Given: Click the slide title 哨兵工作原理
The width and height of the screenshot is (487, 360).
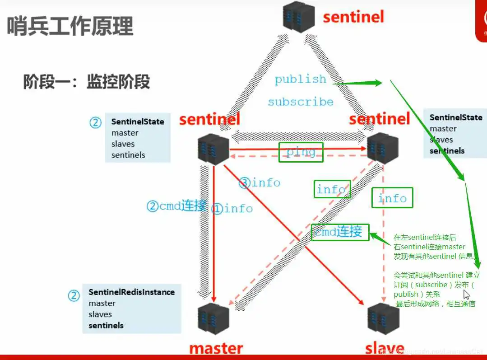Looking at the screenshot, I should pos(70,26).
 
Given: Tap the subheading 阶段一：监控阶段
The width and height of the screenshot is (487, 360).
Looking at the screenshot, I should pos(86,82).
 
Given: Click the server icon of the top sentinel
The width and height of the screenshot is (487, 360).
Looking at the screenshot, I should pos(299,17).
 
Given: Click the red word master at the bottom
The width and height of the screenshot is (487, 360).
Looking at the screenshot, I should pos(216,349).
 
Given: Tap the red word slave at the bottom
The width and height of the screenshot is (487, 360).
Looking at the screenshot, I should pos(384,349).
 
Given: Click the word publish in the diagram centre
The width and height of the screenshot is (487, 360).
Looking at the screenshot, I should pos(300,79).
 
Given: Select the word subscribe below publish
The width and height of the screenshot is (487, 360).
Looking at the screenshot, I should pos(301,102).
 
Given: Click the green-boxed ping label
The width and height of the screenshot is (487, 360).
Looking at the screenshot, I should pos(301,152).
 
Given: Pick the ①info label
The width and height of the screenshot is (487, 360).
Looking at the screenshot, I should pos(233,209).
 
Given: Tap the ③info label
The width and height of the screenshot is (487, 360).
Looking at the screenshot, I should pos(260,182).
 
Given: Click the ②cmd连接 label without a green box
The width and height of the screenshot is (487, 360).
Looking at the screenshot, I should pos(176,206).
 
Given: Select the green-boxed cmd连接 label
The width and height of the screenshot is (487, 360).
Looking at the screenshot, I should pos(339,232).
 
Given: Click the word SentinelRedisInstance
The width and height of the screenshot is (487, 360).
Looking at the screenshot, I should pos(131,292).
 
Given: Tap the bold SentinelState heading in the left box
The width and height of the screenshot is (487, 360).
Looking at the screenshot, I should pos(138,122).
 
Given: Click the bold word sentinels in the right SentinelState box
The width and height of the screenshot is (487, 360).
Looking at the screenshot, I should pos(447,151).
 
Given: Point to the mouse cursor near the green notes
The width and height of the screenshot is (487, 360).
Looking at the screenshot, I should pos(466,294).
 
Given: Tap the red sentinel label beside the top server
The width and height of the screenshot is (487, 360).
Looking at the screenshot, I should pos(353,17).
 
